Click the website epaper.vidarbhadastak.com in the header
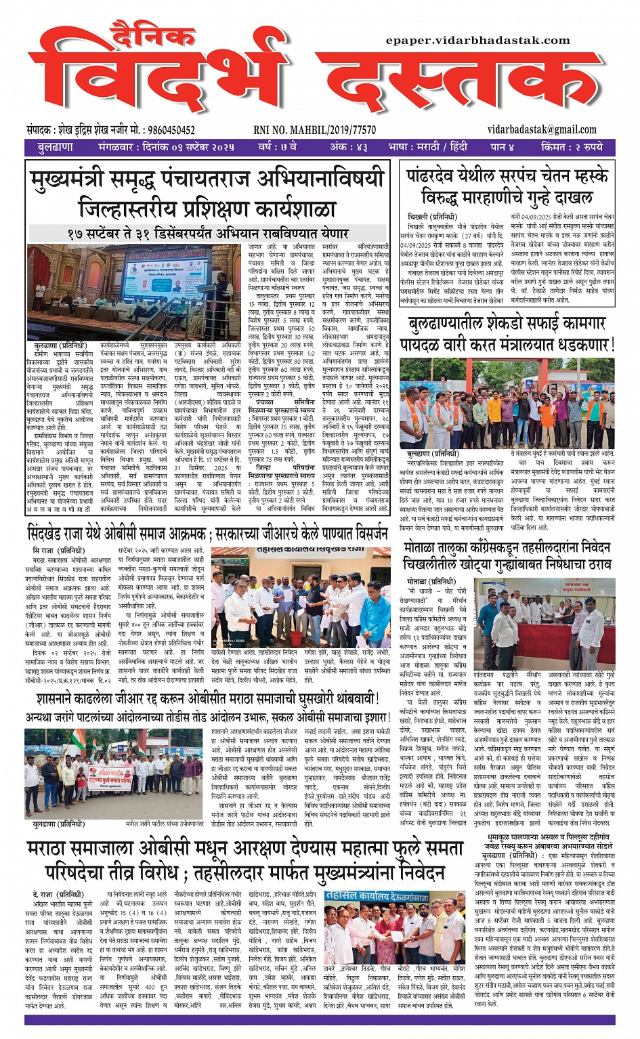pyautogui.click(x=477, y=41)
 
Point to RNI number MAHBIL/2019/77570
pyautogui.click(x=315, y=130)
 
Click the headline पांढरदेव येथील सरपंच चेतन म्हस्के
pyautogui.click(x=507, y=176)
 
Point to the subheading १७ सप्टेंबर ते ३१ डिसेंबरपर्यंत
pyautogui.click(x=207, y=233)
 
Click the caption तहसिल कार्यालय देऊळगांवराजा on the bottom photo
pyautogui.click(x=376, y=895)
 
